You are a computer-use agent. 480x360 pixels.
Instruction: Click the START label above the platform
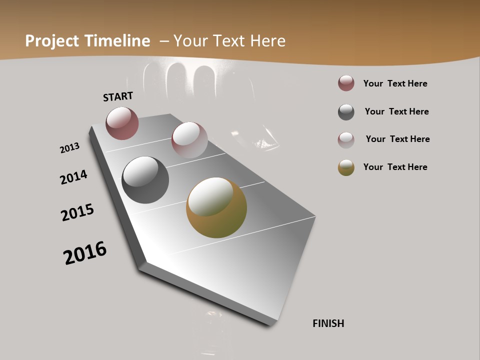pyautogui.click(x=118, y=96)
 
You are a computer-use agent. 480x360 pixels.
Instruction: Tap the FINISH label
pyautogui.click(x=328, y=323)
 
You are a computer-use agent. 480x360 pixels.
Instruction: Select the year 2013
pyautogui.click(x=69, y=148)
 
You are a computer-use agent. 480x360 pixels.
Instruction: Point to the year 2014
pyautogui.click(x=73, y=177)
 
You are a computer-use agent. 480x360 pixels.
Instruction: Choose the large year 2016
pyautogui.click(x=85, y=252)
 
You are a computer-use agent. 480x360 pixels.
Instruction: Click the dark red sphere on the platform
pyautogui.click(x=122, y=123)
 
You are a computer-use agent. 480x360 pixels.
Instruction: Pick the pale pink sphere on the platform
pyautogui.click(x=189, y=139)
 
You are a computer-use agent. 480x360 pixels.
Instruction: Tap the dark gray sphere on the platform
pyautogui.click(x=145, y=180)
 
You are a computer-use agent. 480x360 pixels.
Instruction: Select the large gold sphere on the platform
pyautogui.click(x=216, y=207)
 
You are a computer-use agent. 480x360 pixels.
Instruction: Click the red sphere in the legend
pyautogui.click(x=346, y=83)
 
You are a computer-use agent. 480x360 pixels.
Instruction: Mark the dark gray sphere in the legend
pyautogui.click(x=346, y=112)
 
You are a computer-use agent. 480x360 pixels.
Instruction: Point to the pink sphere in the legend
pyautogui.click(x=346, y=140)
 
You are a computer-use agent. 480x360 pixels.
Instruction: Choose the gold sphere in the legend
pyautogui.click(x=346, y=167)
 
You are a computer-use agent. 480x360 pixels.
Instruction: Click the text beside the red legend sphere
pyautogui.click(x=395, y=83)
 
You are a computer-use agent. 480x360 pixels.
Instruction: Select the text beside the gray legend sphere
pyautogui.click(x=396, y=111)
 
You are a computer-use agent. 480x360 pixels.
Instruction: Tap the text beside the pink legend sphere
pyautogui.click(x=397, y=139)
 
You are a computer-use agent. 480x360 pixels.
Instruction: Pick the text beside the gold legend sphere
pyautogui.click(x=395, y=167)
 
